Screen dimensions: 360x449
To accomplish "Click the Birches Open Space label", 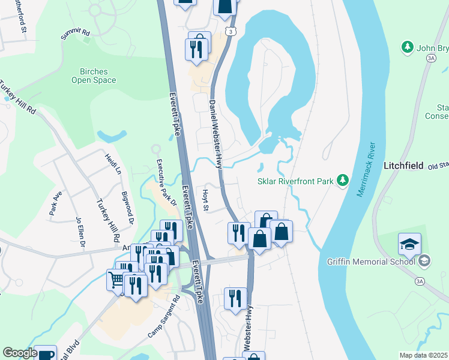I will click(x=93, y=76).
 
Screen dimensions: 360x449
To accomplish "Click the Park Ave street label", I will click(x=56, y=203).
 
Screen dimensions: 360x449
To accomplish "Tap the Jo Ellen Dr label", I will click(x=80, y=231).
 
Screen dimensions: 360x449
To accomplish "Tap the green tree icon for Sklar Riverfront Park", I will click(x=343, y=179).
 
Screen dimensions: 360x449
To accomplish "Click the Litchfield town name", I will click(x=403, y=164).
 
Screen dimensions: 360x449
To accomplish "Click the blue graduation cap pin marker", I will click(x=409, y=244).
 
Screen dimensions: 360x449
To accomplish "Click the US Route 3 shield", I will click(x=231, y=31).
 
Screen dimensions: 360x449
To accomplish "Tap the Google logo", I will click(x=20, y=353).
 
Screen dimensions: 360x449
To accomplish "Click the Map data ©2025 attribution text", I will click(x=423, y=355).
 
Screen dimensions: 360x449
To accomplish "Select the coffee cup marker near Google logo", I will click(x=45, y=354).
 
